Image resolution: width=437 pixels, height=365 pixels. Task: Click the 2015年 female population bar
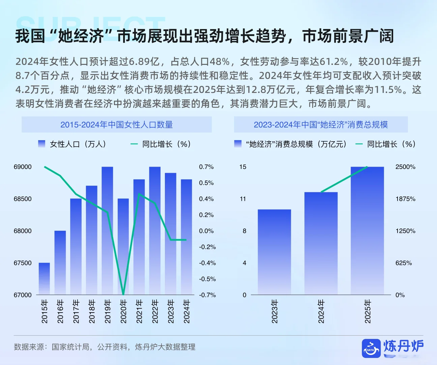[44, 279]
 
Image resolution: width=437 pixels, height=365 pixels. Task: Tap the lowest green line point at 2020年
[123, 294]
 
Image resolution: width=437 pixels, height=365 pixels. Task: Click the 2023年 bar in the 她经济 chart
[274, 252]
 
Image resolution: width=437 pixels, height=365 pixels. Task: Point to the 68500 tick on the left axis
[23, 199]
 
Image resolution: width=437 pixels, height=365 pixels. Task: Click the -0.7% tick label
[207, 295]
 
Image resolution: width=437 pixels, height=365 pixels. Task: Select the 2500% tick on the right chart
[405, 167]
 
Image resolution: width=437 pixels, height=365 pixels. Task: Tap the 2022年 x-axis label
[155, 311]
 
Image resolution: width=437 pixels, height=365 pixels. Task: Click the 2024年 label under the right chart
[321, 311]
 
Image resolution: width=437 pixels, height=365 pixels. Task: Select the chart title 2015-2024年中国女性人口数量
[116, 125]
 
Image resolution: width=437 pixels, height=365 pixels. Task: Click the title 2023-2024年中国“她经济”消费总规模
[321, 125]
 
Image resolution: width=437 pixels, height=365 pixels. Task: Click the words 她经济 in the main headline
[81, 36]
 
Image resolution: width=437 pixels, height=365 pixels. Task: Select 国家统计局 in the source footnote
[70, 347]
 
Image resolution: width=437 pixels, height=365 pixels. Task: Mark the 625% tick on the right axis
[403, 263]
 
